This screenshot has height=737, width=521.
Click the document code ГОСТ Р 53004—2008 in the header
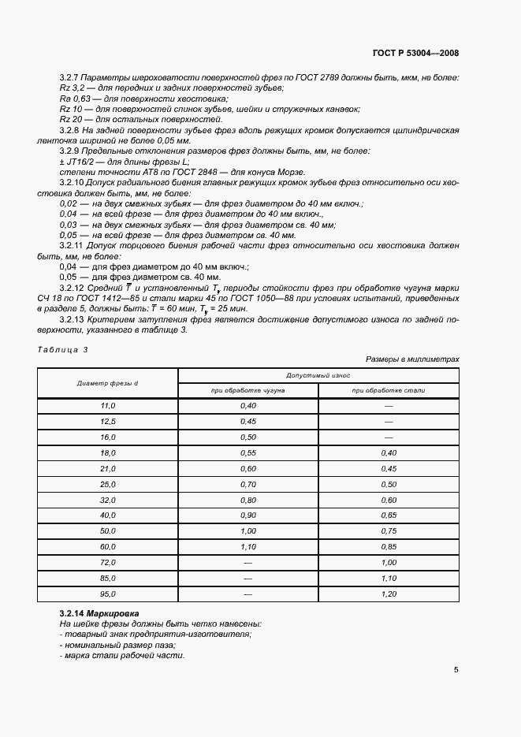pyautogui.click(x=415, y=53)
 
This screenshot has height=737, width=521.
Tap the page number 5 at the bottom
pyautogui.click(x=456, y=670)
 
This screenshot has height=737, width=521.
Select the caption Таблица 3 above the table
pyautogui.click(x=63, y=349)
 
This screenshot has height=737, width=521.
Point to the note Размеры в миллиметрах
pyautogui.click(x=412, y=359)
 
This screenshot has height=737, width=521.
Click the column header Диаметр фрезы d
pyautogui.click(x=108, y=383)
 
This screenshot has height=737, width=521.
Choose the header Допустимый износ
pyautogui.click(x=318, y=376)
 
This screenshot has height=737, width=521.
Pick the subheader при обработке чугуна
pyautogui.click(x=247, y=390)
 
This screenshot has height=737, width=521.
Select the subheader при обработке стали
pyautogui.click(x=389, y=390)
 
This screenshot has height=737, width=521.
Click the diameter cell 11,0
pyautogui.click(x=108, y=406)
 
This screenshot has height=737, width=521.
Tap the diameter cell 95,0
pyautogui.click(x=108, y=594)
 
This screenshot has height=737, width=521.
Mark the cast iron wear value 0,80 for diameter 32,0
pyautogui.click(x=247, y=500)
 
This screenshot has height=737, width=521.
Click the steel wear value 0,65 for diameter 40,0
pyautogui.click(x=389, y=516)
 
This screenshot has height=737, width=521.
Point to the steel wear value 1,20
pyautogui.click(x=389, y=594)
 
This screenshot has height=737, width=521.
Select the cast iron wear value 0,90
pyautogui.click(x=247, y=516)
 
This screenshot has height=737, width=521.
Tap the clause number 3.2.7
pyautogui.click(x=70, y=78)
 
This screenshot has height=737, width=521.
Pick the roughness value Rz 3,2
pyautogui.click(x=72, y=89)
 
